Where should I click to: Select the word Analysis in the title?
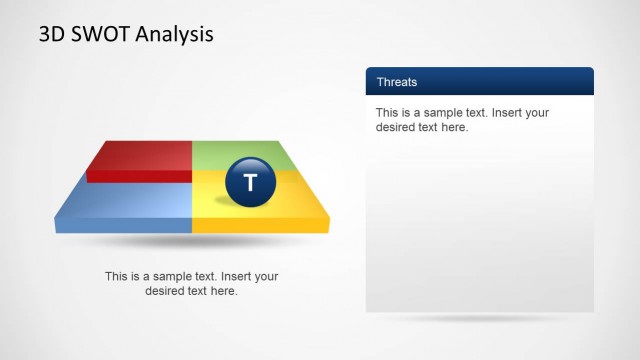point(175,35)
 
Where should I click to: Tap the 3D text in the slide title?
point(51,35)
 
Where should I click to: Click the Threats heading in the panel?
point(397,82)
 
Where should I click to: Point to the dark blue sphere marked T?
point(250,181)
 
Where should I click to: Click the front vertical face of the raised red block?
point(140,177)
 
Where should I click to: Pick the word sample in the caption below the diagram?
point(171,277)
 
